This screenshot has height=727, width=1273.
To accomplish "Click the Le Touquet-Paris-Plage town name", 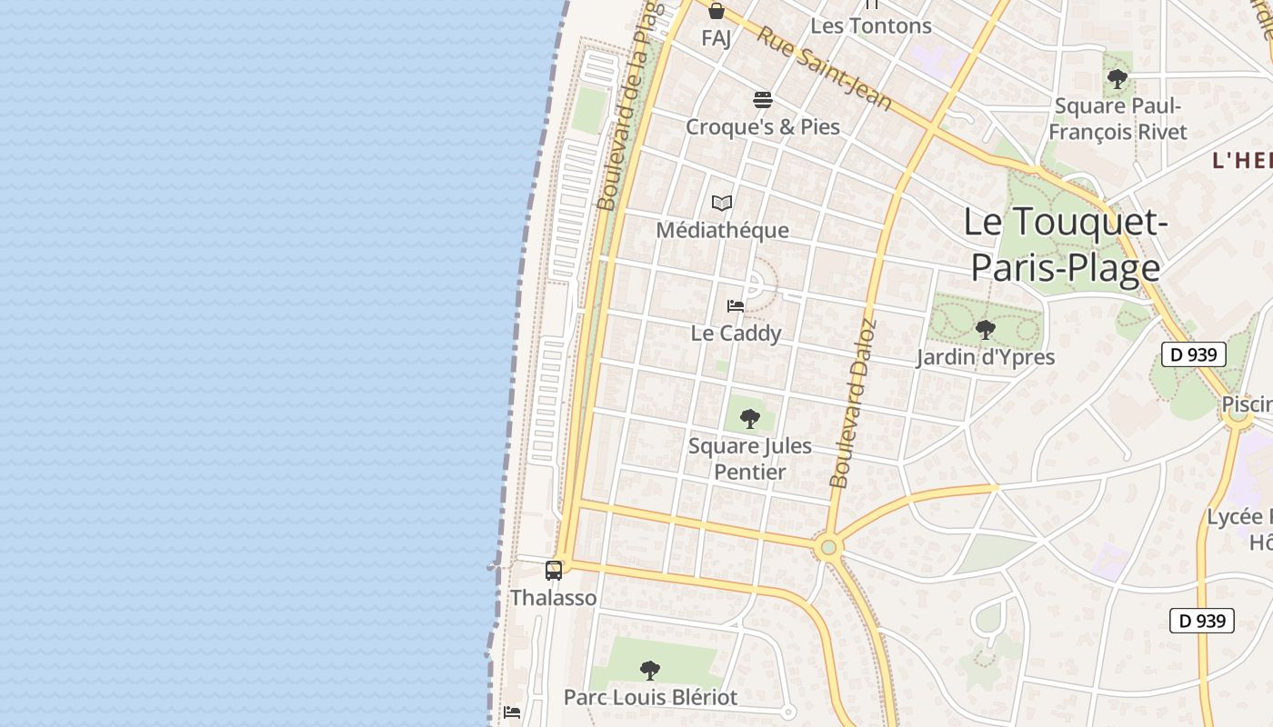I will tap(1065, 244).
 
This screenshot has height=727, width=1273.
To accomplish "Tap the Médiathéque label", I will tap(722, 230).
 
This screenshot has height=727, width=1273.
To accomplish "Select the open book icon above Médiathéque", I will tap(722, 203).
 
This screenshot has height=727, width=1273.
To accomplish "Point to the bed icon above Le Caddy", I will tap(736, 306).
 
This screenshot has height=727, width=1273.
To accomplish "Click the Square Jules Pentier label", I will tap(750, 459).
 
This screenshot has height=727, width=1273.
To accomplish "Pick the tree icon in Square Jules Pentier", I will tap(750, 419).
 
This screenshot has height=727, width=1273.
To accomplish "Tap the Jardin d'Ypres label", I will tap(985, 357).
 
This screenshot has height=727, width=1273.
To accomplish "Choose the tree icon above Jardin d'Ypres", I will tap(985, 330).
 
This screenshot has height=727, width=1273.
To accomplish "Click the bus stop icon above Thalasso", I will tap(554, 571).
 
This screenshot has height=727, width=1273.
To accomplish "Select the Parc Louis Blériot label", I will tap(650, 697).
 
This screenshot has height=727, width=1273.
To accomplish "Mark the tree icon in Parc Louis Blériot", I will tap(650, 671).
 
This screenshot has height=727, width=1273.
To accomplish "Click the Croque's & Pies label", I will tap(762, 126).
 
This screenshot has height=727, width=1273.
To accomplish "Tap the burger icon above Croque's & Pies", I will tap(762, 99).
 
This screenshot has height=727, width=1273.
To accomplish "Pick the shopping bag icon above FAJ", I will tap(717, 11).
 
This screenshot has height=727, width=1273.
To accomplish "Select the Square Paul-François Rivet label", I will tap(1118, 119).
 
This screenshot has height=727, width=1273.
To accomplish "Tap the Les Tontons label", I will tap(870, 25).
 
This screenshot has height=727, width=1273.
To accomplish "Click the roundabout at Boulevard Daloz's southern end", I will tap(827, 548).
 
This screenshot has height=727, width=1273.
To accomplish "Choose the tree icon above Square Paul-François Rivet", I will tap(1118, 79).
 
